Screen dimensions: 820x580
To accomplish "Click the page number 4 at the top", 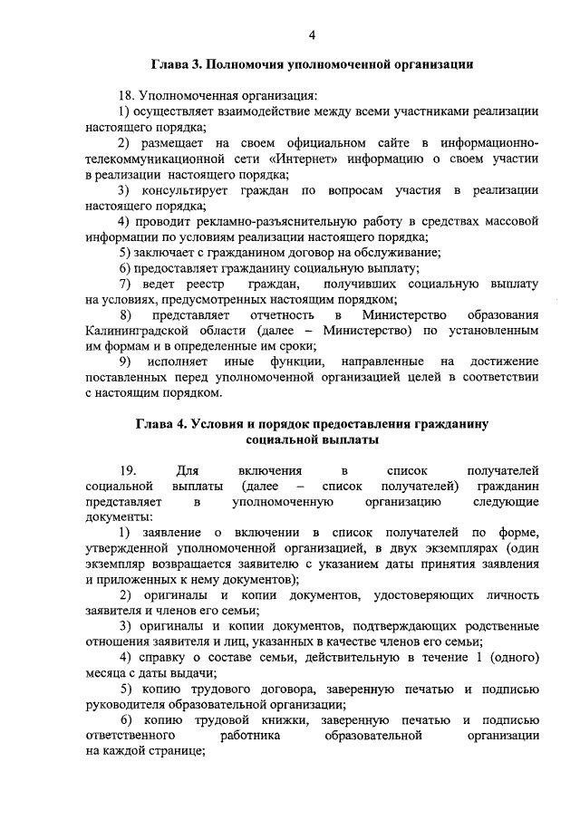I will pyautogui.click(x=311, y=35).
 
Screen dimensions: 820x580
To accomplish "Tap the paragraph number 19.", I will pyautogui.click(x=127, y=470).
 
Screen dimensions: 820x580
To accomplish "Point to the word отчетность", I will pyautogui.click(x=278, y=314).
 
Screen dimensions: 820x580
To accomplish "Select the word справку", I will pyautogui.click(x=161, y=657).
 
